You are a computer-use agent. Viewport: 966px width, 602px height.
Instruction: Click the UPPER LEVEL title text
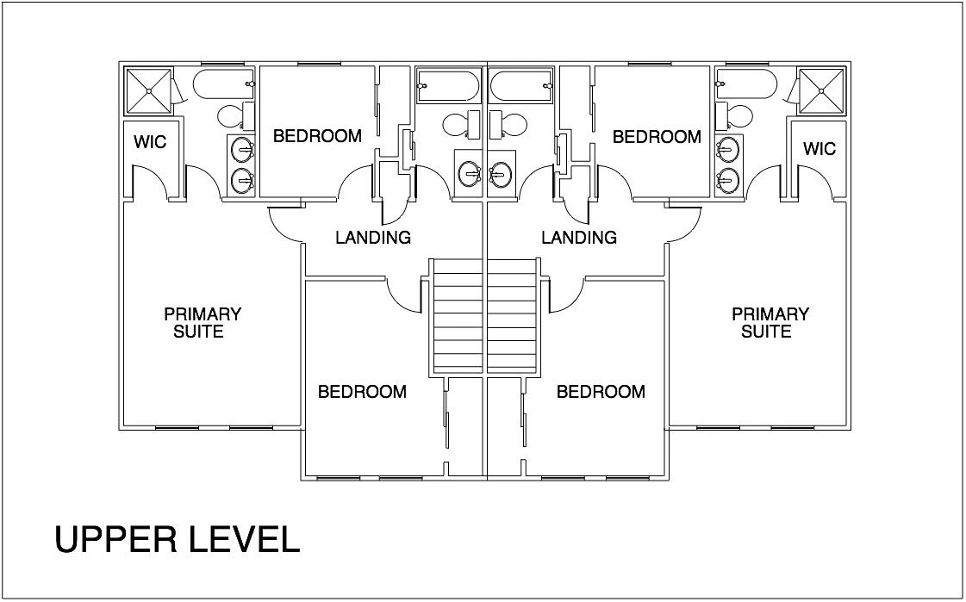178,539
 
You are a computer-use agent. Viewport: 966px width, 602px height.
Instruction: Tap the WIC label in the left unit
150,142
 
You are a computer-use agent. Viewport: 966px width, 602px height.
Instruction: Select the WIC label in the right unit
820,149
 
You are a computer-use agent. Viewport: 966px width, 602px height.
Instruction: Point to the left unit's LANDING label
373,237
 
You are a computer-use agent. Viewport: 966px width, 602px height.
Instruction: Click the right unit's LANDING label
579,237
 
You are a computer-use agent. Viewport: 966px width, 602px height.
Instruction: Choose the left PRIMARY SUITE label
202,323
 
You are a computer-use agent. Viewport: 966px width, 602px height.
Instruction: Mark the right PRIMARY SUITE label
770,323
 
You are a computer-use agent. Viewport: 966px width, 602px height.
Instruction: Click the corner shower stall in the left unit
149,91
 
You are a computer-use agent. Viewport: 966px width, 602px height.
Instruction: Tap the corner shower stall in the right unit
822,91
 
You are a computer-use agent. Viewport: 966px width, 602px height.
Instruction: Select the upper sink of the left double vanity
243,149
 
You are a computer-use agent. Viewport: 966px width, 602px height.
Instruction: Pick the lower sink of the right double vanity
728,180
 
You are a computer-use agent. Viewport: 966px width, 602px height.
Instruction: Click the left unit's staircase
456,317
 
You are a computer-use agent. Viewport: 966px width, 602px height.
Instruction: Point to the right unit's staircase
514,317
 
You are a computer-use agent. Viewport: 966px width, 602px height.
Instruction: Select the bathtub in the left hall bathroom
448,86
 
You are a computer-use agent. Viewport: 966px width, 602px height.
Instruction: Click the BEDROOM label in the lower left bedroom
362,392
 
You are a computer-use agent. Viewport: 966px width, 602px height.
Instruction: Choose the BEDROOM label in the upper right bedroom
657,137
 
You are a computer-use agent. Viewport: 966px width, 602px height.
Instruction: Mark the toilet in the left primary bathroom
237,116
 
